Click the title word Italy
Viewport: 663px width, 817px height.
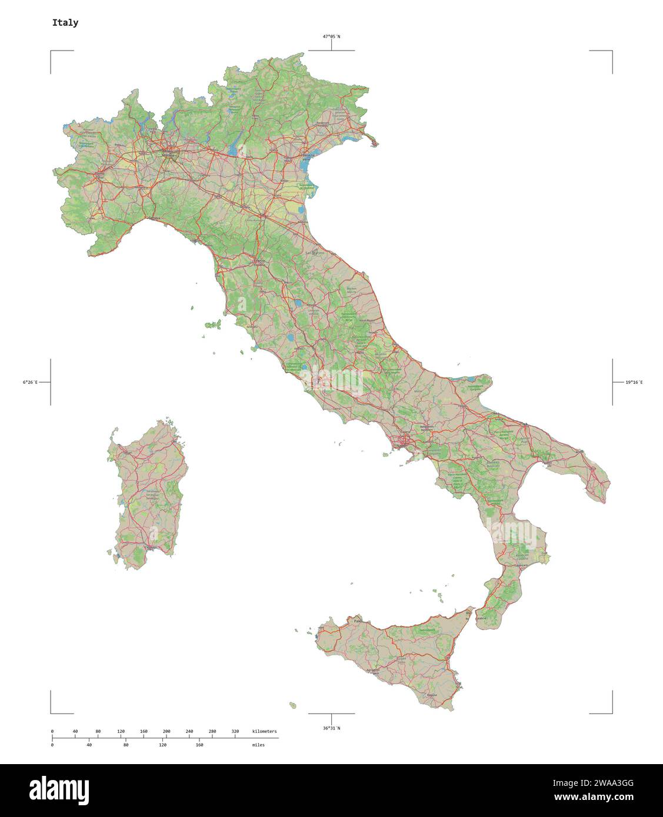(x=65, y=23)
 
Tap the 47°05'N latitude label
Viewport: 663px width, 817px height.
(x=331, y=36)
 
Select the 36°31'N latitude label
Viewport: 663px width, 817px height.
(x=331, y=728)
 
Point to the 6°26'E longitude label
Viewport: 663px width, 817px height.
(x=30, y=383)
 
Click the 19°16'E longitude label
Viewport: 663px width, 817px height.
(x=634, y=383)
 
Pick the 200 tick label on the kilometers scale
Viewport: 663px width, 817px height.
(x=166, y=731)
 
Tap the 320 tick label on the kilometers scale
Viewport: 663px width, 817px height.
(x=235, y=731)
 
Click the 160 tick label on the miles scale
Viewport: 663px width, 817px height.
(x=199, y=745)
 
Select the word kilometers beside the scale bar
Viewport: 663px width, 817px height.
(x=264, y=731)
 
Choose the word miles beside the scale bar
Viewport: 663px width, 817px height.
(x=258, y=745)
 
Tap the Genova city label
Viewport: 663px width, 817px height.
(x=155, y=218)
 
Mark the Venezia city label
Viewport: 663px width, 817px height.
(x=306, y=159)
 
